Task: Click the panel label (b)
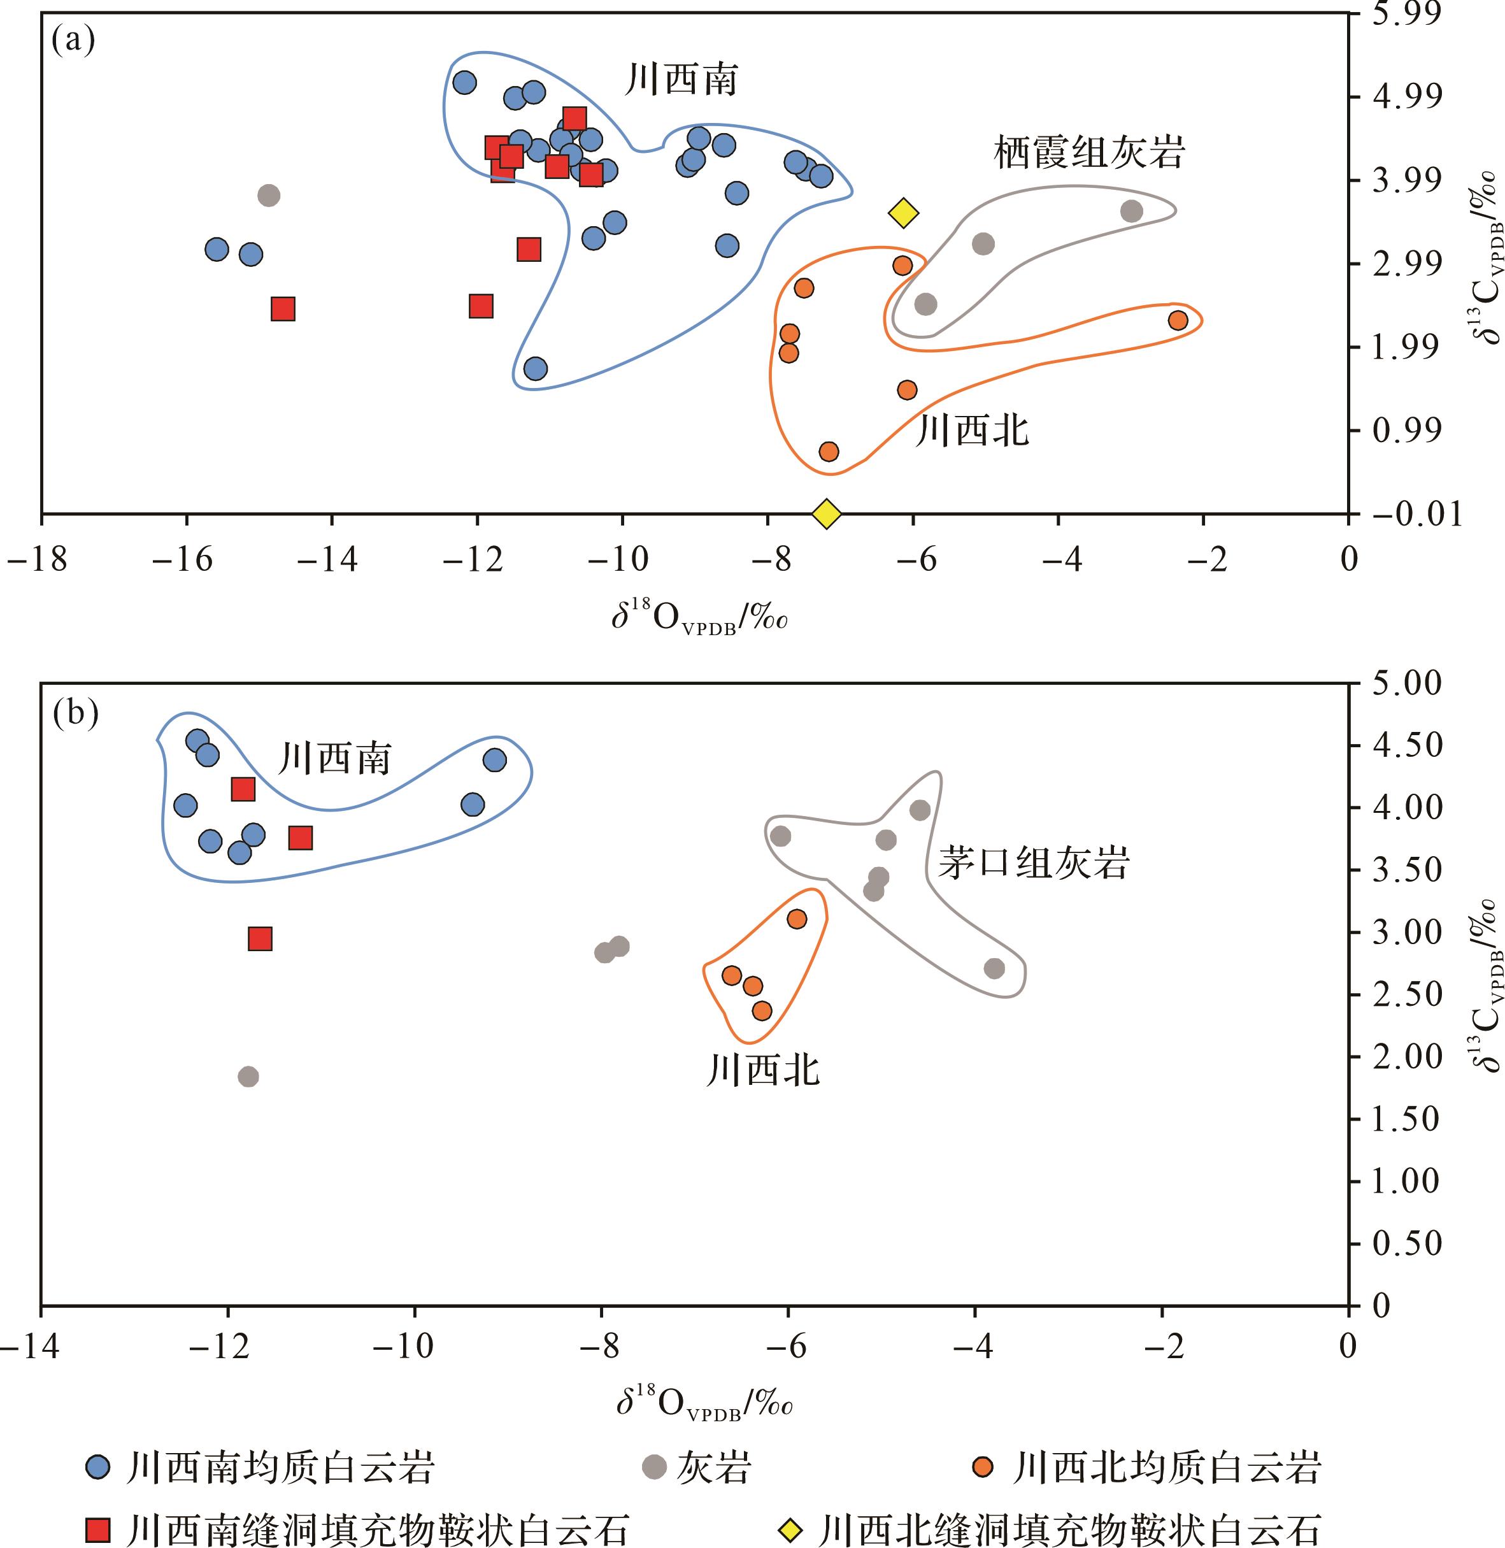(x=75, y=714)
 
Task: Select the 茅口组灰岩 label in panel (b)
(x=1033, y=863)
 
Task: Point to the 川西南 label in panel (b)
(x=334, y=759)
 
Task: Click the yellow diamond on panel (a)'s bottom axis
(x=826, y=513)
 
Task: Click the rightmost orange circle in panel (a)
(x=1178, y=320)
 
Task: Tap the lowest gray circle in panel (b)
(x=248, y=1077)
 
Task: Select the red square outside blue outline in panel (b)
(x=260, y=938)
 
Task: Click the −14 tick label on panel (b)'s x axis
(x=30, y=1348)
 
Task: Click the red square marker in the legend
(x=99, y=1528)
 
